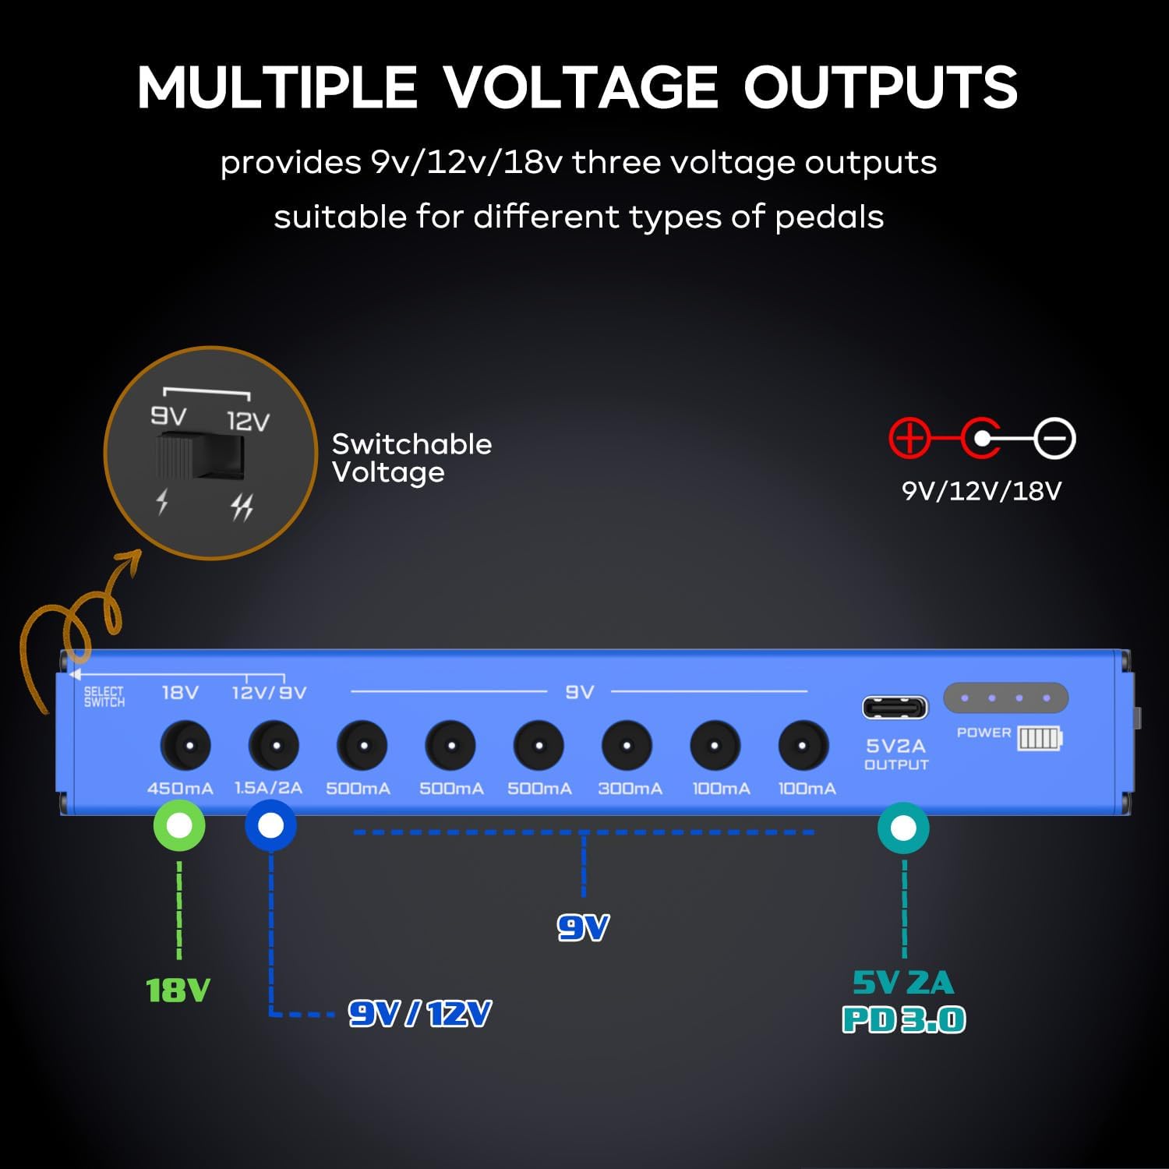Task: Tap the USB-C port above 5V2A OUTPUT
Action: point(895,708)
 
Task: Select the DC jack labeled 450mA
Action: point(185,746)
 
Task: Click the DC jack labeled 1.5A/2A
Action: point(274,746)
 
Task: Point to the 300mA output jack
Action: point(627,746)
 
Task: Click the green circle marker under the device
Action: point(180,826)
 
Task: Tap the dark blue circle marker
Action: point(270,826)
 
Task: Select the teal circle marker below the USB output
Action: point(903,828)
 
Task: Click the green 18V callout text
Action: point(178,991)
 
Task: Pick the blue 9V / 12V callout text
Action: point(419,1014)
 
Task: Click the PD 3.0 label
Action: point(904,1020)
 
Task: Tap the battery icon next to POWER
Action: point(1040,737)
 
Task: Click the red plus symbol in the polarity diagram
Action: point(909,438)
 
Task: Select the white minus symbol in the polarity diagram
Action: point(1055,439)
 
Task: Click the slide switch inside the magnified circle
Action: point(200,457)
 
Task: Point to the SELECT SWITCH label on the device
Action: point(104,696)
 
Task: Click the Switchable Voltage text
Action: point(411,457)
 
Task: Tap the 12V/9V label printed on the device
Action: point(269,692)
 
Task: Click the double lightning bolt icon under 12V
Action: point(242,507)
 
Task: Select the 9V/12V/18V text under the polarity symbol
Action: point(981,491)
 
